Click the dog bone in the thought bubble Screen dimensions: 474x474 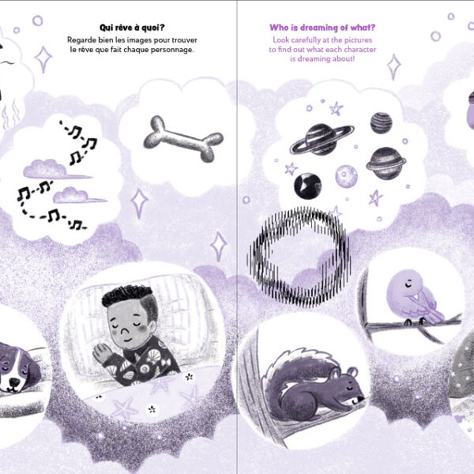tap(183, 139)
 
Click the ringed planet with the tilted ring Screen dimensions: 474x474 tap(322, 139)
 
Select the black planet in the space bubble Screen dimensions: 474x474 tap(307, 186)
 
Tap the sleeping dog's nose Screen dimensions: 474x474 tap(14, 382)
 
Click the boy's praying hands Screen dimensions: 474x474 tap(100, 352)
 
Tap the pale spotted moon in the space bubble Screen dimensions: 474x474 tap(346, 176)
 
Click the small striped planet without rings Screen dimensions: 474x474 tap(382, 122)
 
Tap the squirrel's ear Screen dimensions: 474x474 tap(352, 372)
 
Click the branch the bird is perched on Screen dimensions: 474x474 tap(414, 325)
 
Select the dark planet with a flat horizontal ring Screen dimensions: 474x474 tap(386, 164)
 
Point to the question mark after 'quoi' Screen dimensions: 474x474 tap(162, 28)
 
